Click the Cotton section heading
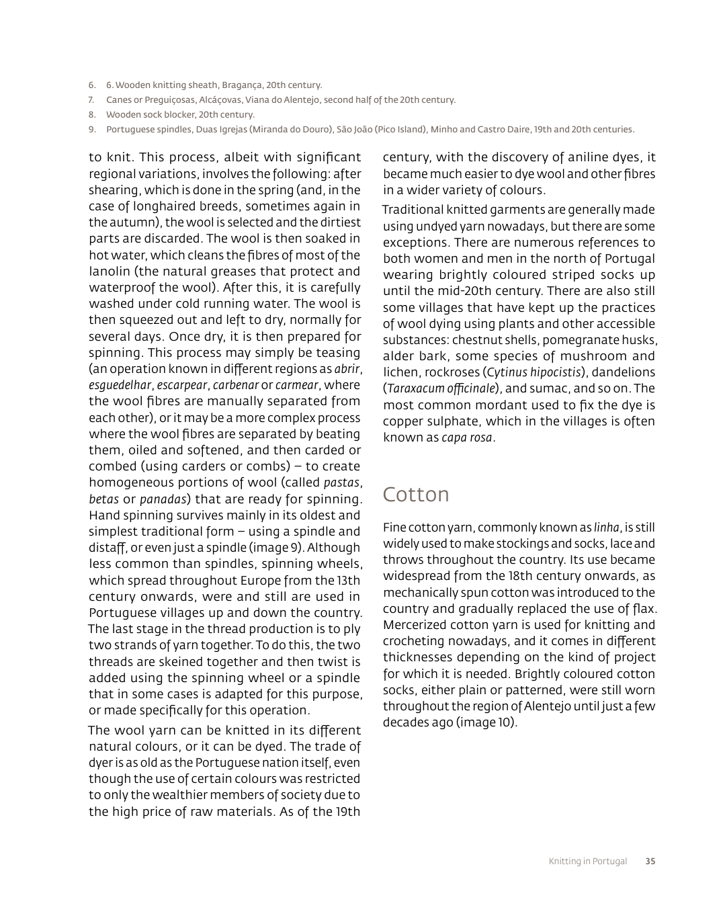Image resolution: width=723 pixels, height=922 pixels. [x=416, y=495]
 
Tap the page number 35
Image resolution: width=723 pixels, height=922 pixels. [x=650, y=861]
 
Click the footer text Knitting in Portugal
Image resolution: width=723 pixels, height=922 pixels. [x=587, y=861]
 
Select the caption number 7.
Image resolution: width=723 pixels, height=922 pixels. [x=91, y=100]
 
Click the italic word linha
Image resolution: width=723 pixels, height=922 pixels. [x=607, y=528]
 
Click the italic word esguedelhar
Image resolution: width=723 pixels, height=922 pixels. [x=120, y=385]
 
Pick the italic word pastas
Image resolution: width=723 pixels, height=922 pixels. [x=342, y=483]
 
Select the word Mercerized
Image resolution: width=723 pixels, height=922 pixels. [x=414, y=625]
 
